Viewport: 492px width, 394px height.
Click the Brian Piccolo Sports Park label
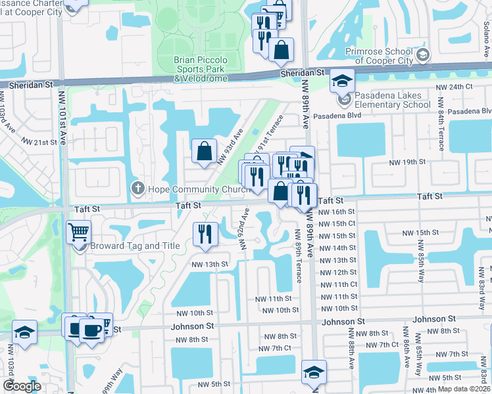point(201,69)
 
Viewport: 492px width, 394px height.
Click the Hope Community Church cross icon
point(137,188)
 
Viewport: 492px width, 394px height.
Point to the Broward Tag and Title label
point(135,246)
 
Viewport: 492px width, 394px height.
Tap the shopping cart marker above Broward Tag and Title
point(78,232)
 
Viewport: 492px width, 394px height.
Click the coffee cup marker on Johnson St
point(91,328)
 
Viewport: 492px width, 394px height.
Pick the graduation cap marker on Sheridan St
point(342,81)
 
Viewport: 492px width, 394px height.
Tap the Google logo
point(22,386)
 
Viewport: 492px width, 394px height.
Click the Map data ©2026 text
point(464,389)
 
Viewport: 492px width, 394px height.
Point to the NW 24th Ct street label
point(455,87)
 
